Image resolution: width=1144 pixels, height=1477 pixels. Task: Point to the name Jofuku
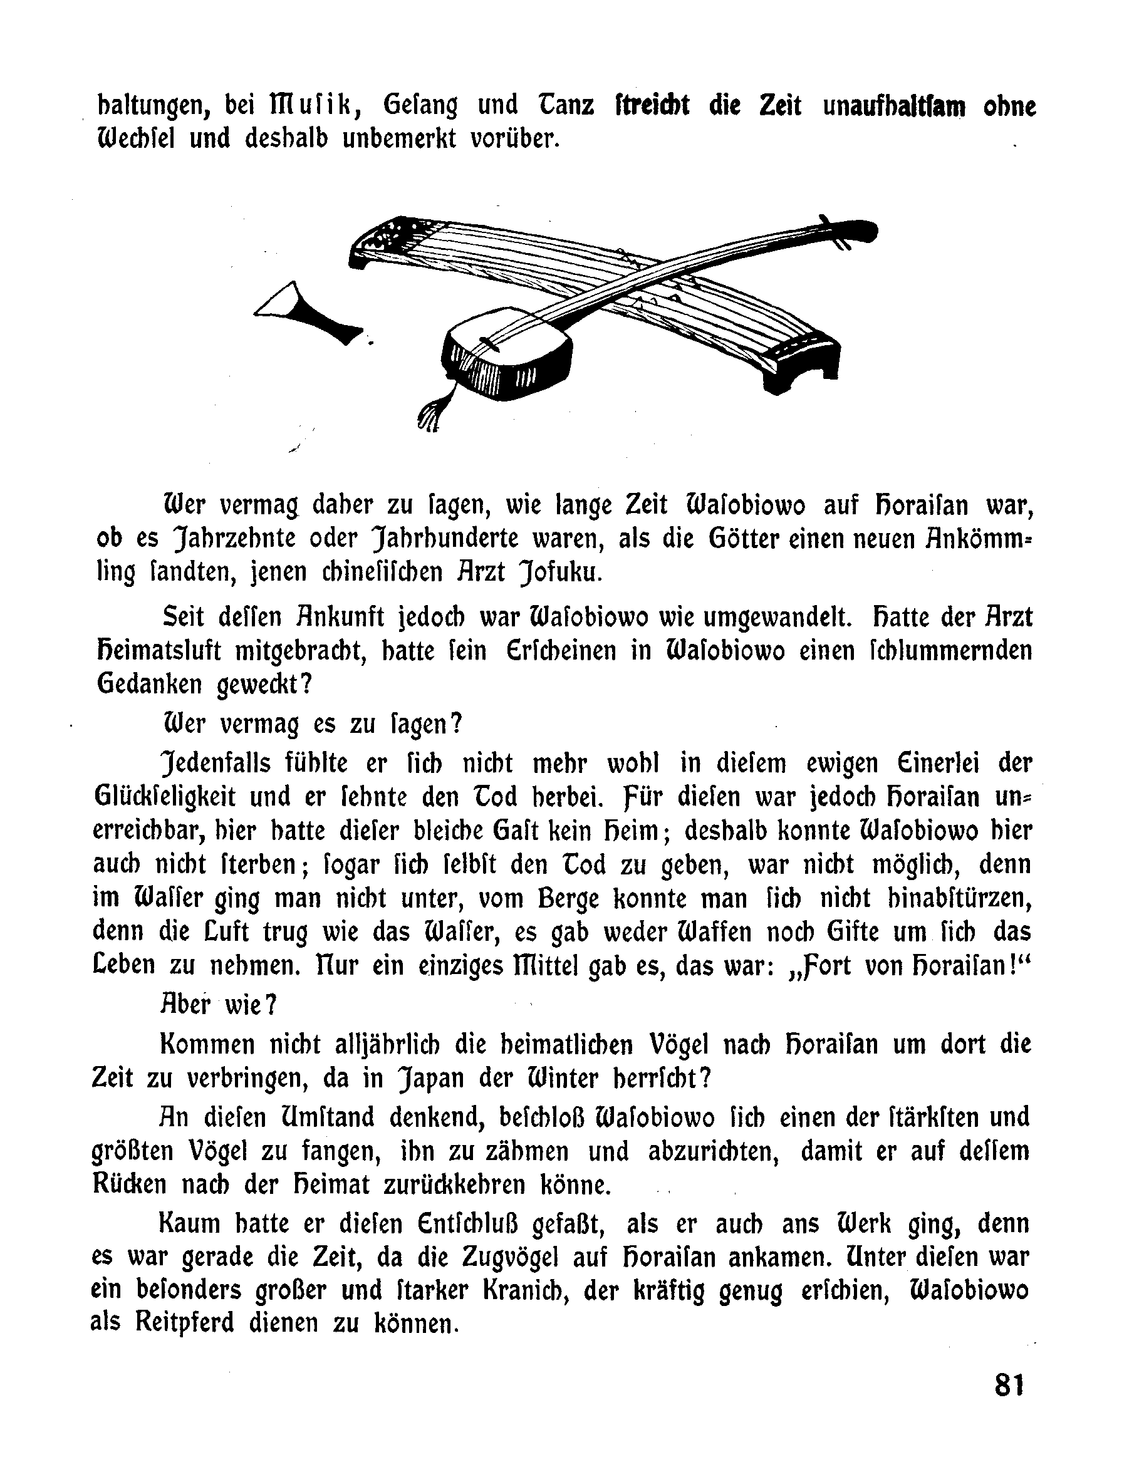[x=560, y=573]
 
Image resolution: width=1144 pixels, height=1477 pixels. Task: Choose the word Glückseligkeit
[x=165, y=797]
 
